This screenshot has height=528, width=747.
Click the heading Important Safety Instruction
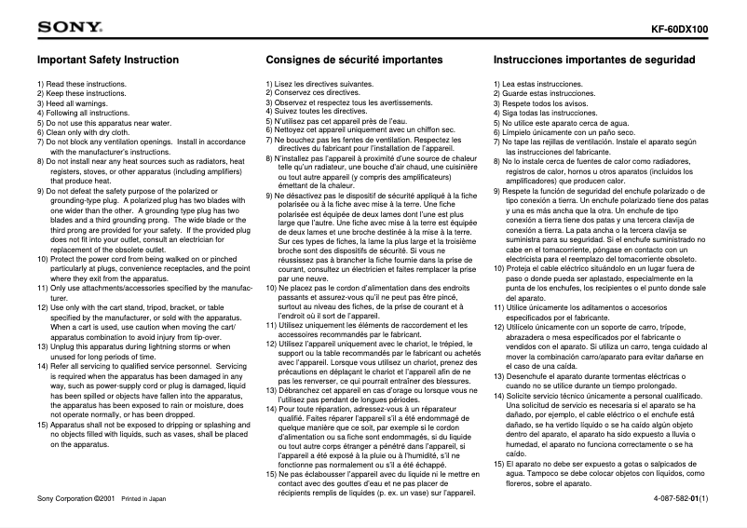pos(107,60)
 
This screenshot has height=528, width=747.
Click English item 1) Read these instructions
pos(81,84)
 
